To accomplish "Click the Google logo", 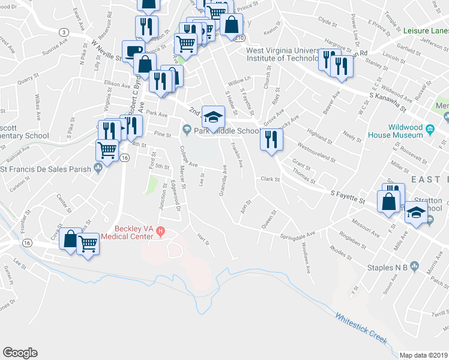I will [x=20, y=353].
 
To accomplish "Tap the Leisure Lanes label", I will [x=426, y=30].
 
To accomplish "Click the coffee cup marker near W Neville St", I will [x=132, y=51].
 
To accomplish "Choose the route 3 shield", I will [x=63, y=31].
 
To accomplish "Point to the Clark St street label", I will [x=271, y=179].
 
